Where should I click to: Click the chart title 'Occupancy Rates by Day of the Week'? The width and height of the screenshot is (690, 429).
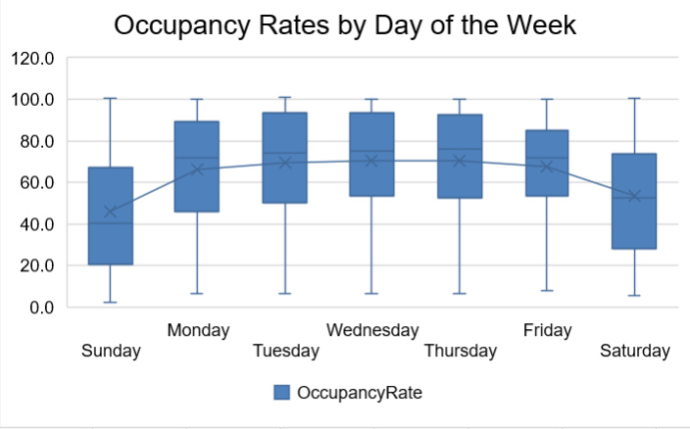coord(345,25)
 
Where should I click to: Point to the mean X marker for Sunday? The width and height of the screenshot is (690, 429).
coord(110,212)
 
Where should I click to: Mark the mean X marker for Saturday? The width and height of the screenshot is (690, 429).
coord(634,196)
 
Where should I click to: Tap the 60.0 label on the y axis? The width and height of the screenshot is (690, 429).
coord(35,182)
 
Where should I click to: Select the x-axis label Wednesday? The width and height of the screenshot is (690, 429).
coord(372,329)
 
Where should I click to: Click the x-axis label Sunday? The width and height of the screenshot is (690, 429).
coord(111,351)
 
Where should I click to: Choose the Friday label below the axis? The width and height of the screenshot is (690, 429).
coord(547,329)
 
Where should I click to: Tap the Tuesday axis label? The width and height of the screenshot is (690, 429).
coord(285,351)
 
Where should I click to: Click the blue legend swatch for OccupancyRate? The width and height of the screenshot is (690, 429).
coord(281,393)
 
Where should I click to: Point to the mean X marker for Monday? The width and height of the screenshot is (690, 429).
coord(197,168)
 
